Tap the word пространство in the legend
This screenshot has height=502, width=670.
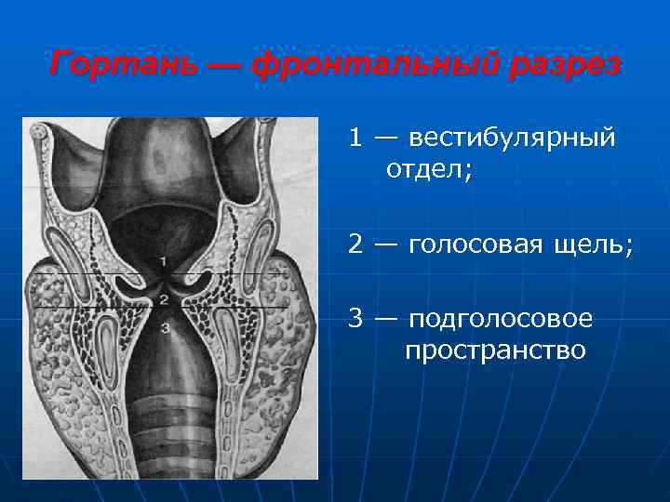pos(495,350)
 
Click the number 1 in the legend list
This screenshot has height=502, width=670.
pos(355,138)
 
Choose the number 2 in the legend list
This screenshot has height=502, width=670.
pos(355,244)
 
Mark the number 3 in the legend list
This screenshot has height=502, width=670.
pos(355,318)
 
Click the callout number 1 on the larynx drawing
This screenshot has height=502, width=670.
pos(163,261)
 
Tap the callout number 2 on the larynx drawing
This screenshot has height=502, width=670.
pos(163,299)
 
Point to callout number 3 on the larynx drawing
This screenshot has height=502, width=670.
pos(164,327)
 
